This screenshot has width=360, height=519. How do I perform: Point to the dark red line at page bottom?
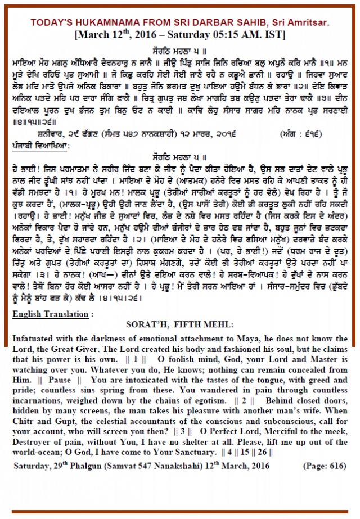(x=180, y=511)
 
